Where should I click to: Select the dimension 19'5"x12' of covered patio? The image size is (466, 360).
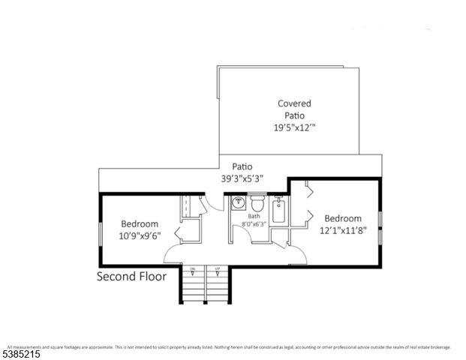[294, 127]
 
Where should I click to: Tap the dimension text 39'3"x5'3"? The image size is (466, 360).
[242, 178]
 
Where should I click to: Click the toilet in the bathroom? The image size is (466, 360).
[257, 204]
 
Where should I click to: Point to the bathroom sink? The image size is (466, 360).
[238, 203]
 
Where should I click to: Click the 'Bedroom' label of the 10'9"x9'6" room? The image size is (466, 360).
[140, 223]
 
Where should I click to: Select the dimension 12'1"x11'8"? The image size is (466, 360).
[344, 230]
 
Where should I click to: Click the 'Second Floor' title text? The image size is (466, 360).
[132, 276]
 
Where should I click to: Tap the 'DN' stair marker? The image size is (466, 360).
[192, 268]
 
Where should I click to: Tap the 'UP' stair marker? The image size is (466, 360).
[218, 268]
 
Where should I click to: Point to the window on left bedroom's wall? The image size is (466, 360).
[101, 229]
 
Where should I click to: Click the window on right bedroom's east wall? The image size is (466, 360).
[380, 228]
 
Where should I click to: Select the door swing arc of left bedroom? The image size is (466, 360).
[171, 253]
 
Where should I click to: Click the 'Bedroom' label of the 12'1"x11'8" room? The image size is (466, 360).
[344, 218]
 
